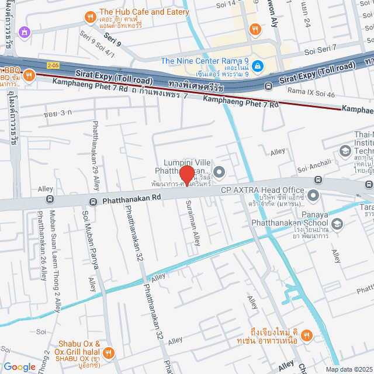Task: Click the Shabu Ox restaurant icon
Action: pyautogui.click(x=109, y=352)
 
